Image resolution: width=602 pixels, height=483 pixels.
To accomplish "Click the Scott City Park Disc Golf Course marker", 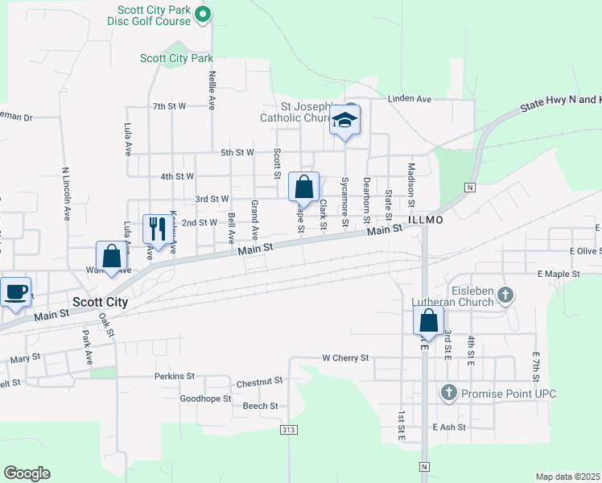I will click(x=204, y=13).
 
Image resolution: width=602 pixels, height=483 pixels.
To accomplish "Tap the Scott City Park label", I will click(x=176, y=58).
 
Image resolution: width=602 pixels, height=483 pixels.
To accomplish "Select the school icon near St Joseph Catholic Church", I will click(x=344, y=121).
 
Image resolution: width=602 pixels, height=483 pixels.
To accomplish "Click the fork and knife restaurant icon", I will click(x=155, y=229).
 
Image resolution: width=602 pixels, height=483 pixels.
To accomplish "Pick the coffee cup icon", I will click(x=15, y=291).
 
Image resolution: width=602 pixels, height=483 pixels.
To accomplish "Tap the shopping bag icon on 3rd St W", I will click(x=303, y=188).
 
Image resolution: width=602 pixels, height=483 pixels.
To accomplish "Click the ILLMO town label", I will click(x=426, y=219).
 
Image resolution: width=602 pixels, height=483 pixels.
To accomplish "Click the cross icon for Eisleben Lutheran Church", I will click(x=505, y=295).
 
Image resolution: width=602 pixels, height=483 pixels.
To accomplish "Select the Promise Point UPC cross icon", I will click(x=448, y=393).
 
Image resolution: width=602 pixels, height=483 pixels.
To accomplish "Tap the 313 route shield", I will click(x=288, y=430).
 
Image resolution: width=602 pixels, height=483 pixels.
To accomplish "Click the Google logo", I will click(x=27, y=473).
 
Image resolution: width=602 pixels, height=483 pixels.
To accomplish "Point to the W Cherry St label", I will click(x=345, y=357).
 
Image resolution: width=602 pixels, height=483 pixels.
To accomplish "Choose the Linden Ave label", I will click(x=410, y=99).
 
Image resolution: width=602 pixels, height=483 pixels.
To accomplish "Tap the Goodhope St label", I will click(x=205, y=398).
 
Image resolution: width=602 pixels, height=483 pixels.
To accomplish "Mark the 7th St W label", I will click(x=169, y=106).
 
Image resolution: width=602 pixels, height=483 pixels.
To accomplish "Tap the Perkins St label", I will click(x=175, y=376).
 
